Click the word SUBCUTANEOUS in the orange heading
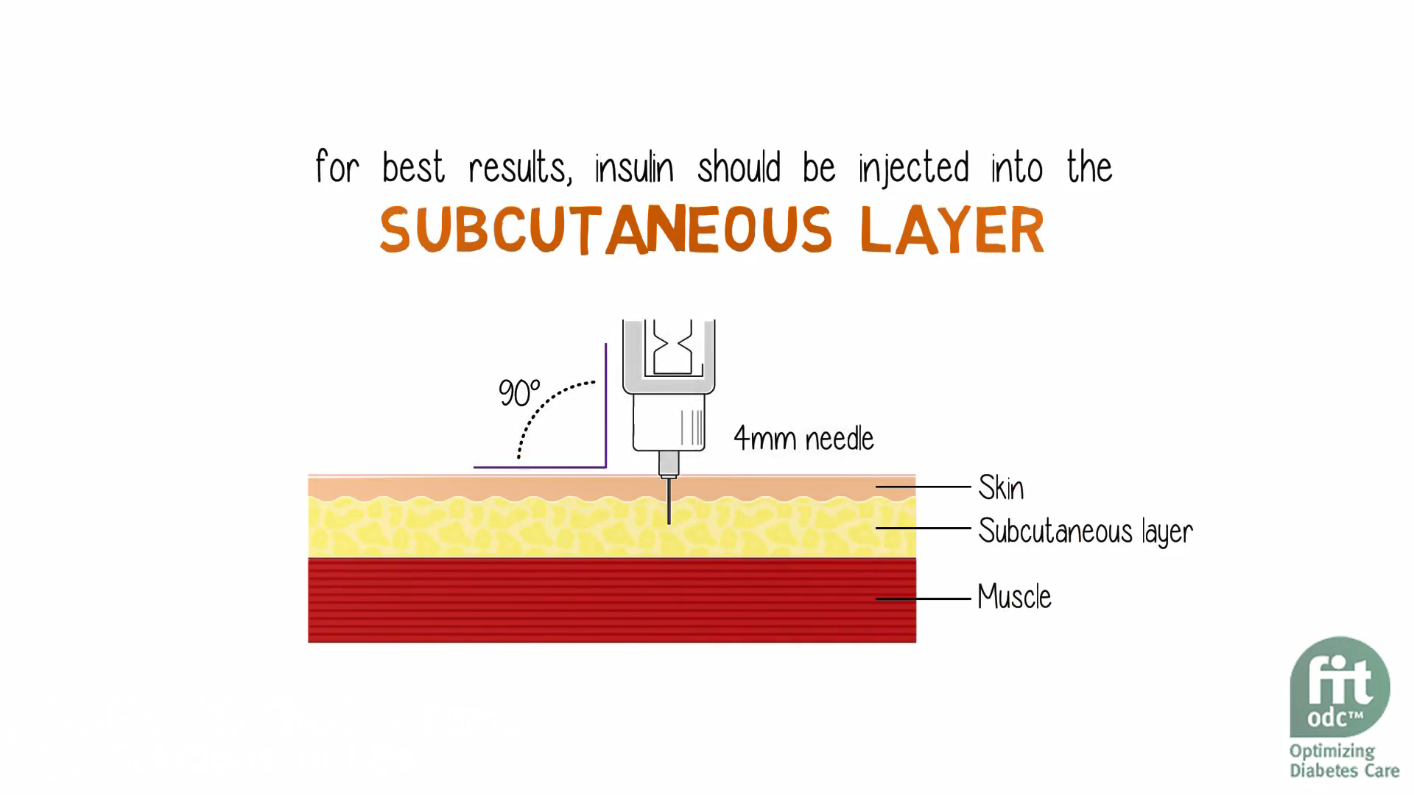605,230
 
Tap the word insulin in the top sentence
634,169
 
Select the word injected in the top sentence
913,169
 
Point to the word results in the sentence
519,169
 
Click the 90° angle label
518,393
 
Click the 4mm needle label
803,439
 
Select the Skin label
1001,488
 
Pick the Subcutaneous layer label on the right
1085,531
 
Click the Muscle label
1014,597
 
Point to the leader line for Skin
924,487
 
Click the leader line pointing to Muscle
924,598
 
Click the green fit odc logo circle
1340,687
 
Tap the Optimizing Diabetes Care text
1344,761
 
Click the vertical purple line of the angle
605,405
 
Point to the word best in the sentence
413,169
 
